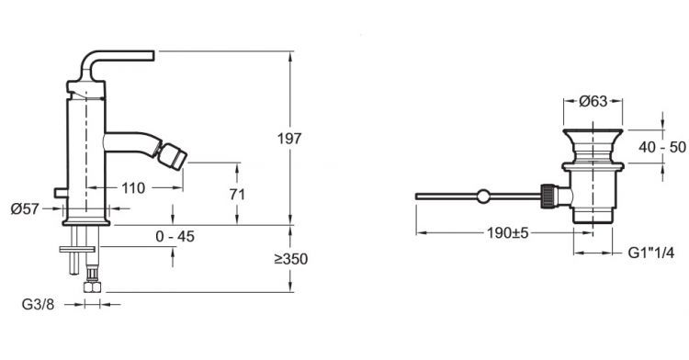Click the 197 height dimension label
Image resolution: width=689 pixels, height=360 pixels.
(289, 139)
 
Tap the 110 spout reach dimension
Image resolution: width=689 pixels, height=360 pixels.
(133, 188)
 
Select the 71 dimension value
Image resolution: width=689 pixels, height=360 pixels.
(237, 194)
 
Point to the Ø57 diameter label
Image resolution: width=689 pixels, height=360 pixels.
(25, 209)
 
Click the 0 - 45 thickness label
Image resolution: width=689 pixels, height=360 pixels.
(175, 237)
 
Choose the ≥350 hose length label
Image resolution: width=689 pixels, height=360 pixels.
(291, 259)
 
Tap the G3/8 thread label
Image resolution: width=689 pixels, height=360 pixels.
(39, 304)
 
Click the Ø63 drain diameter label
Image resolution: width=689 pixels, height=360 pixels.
(593, 101)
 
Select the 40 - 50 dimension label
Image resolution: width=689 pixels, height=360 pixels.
(661, 147)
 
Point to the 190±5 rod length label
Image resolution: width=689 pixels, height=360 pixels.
(507, 232)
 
